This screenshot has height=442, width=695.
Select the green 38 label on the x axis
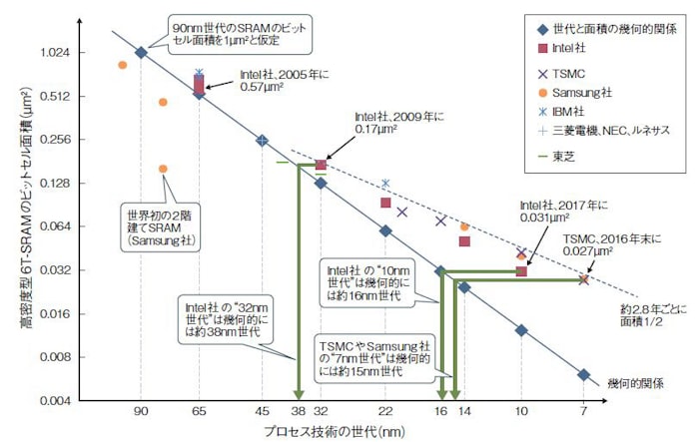click(298, 412)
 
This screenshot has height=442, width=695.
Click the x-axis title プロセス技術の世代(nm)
click(331, 431)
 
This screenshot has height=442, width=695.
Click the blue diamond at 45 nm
click(262, 141)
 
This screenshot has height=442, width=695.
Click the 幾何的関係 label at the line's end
click(634, 383)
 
